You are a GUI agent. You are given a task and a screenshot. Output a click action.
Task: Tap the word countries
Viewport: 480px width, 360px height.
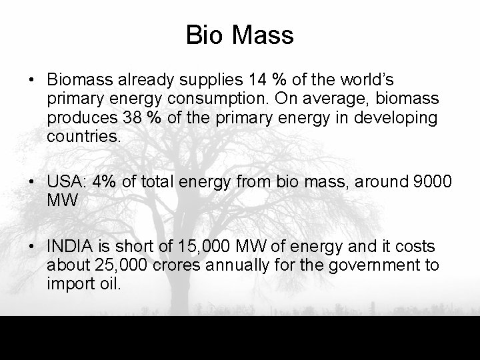(x=83, y=137)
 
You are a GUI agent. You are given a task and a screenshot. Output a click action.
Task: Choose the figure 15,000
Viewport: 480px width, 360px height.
(x=189, y=246)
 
